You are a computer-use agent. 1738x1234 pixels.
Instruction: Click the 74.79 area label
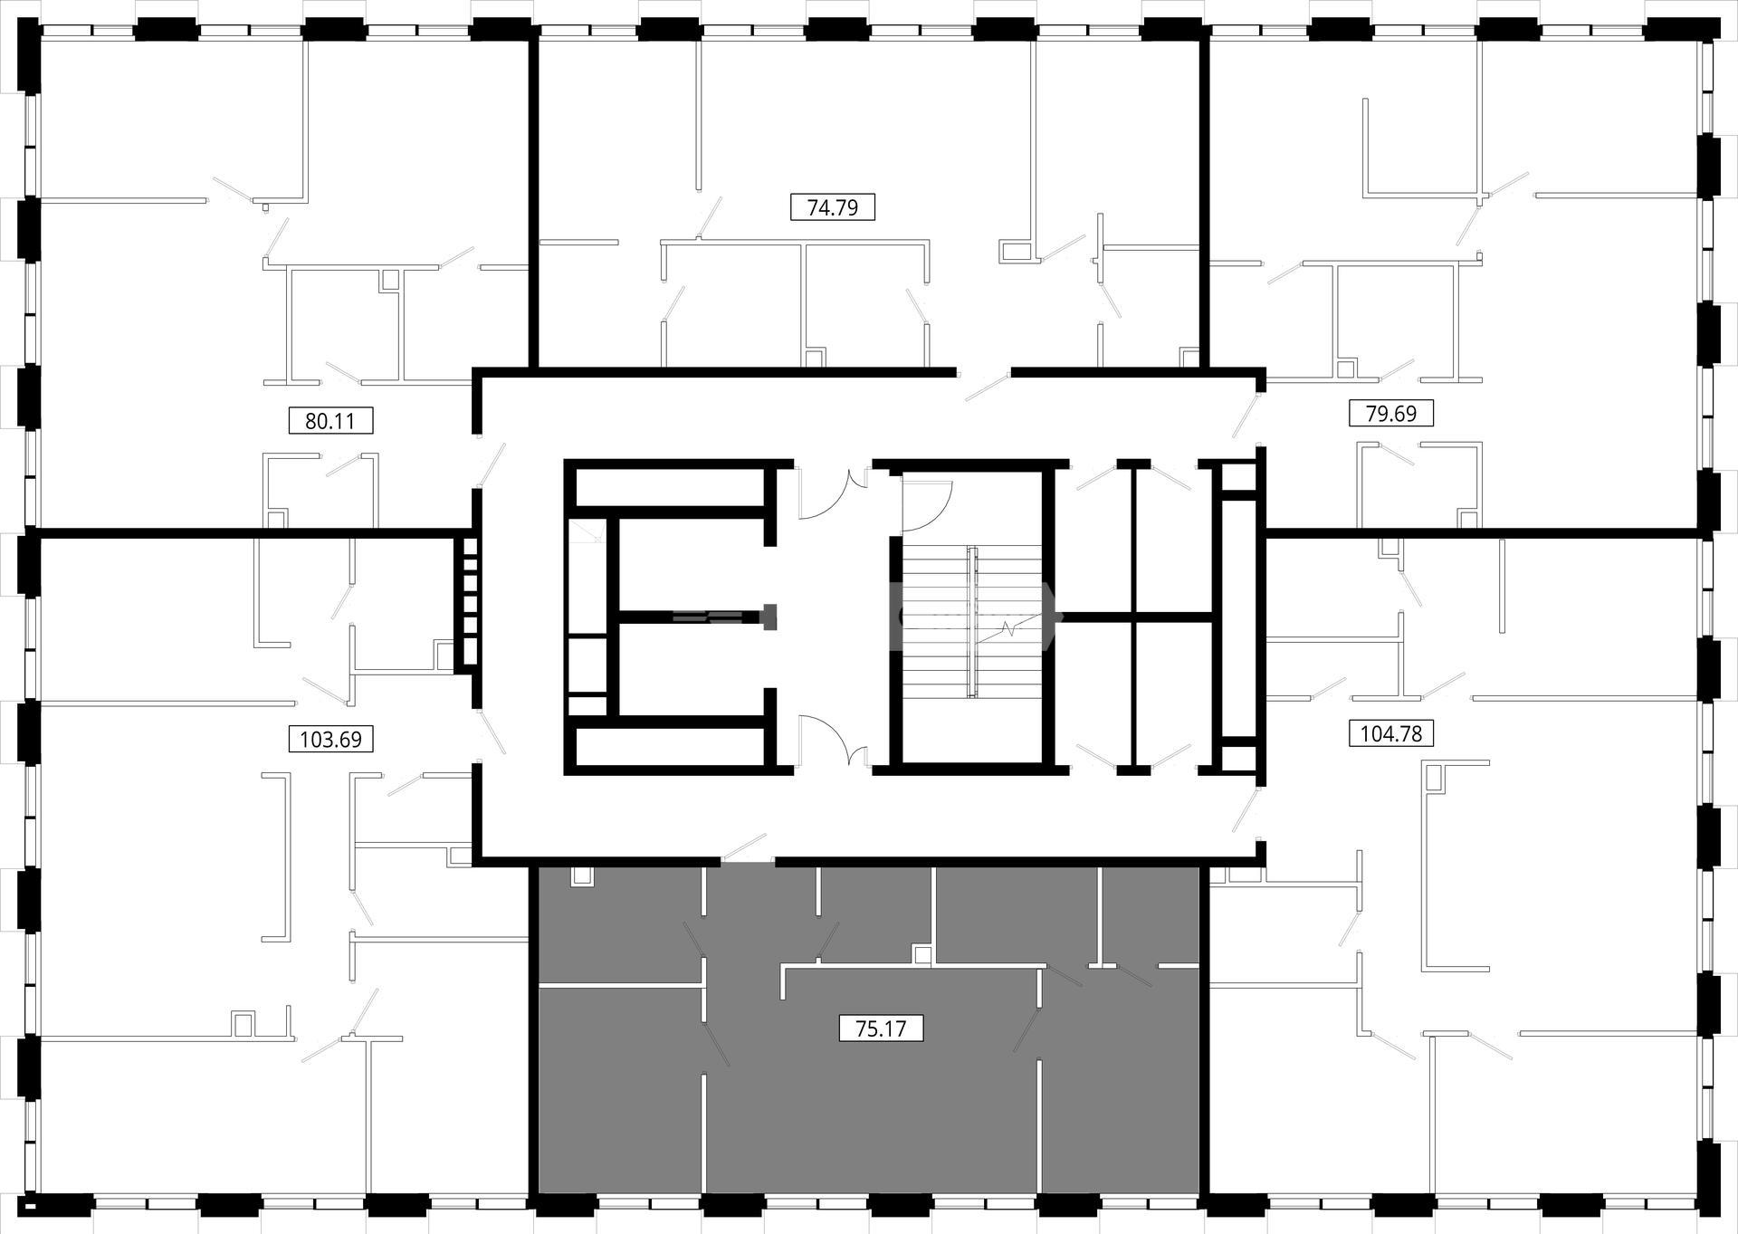point(833,207)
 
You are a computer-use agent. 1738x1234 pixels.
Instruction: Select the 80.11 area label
point(330,421)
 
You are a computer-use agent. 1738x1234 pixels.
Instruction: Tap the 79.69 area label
point(1391,413)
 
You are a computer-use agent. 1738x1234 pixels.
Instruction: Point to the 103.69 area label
point(330,739)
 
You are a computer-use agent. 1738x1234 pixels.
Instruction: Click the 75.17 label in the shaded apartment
point(881,1028)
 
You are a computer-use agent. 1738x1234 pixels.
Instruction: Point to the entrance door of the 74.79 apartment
point(988,386)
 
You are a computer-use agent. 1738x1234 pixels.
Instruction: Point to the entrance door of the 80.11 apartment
point(492,463)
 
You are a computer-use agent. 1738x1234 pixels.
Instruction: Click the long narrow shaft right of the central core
point(1233,618)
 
